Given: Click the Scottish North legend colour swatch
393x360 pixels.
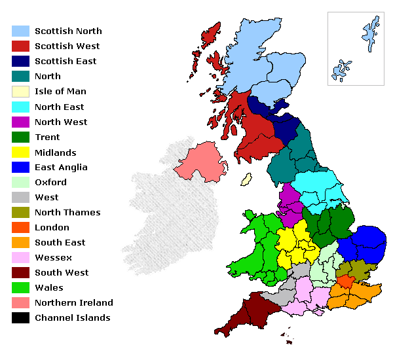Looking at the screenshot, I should (x=21, y=31).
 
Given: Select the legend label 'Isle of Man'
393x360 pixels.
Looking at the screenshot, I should (x=60, y=92).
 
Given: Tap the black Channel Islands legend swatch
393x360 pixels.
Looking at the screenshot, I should (x=21, y=318).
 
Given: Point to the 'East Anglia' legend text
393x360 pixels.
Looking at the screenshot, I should (x=61, y=167).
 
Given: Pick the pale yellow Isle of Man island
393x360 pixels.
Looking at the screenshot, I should (x=247, y=179).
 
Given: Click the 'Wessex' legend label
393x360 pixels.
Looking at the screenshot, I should (x=52, y=257).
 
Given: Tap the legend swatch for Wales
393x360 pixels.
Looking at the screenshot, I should (x=21, y=288).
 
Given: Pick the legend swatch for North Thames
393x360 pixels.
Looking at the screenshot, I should (x=21, y=213).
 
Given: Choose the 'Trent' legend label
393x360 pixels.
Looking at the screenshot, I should (x=47, y=137).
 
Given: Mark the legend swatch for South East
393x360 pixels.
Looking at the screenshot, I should (x=21, y=243).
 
